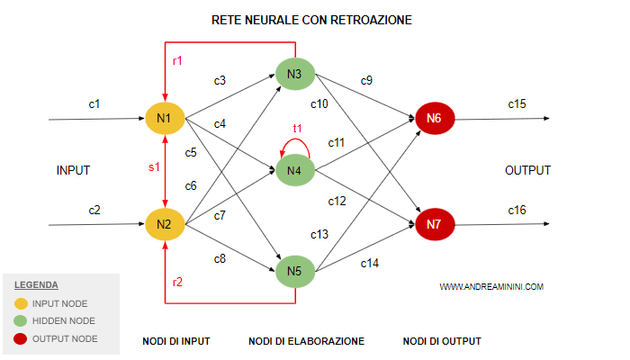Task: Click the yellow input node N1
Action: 165,118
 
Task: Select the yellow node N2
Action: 165,223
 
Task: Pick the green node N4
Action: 294,170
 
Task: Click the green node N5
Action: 294,270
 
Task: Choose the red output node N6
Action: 435,118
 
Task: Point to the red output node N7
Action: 435,223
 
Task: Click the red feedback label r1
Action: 178,60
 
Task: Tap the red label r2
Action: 178,282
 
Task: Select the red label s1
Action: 153,166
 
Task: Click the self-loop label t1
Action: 298,129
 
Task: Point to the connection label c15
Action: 517,104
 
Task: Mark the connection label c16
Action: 517,210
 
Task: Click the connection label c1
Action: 94,104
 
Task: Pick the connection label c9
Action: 367,81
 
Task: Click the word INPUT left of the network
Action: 73,170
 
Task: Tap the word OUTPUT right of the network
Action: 527,170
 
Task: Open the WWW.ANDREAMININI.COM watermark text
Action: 491,287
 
